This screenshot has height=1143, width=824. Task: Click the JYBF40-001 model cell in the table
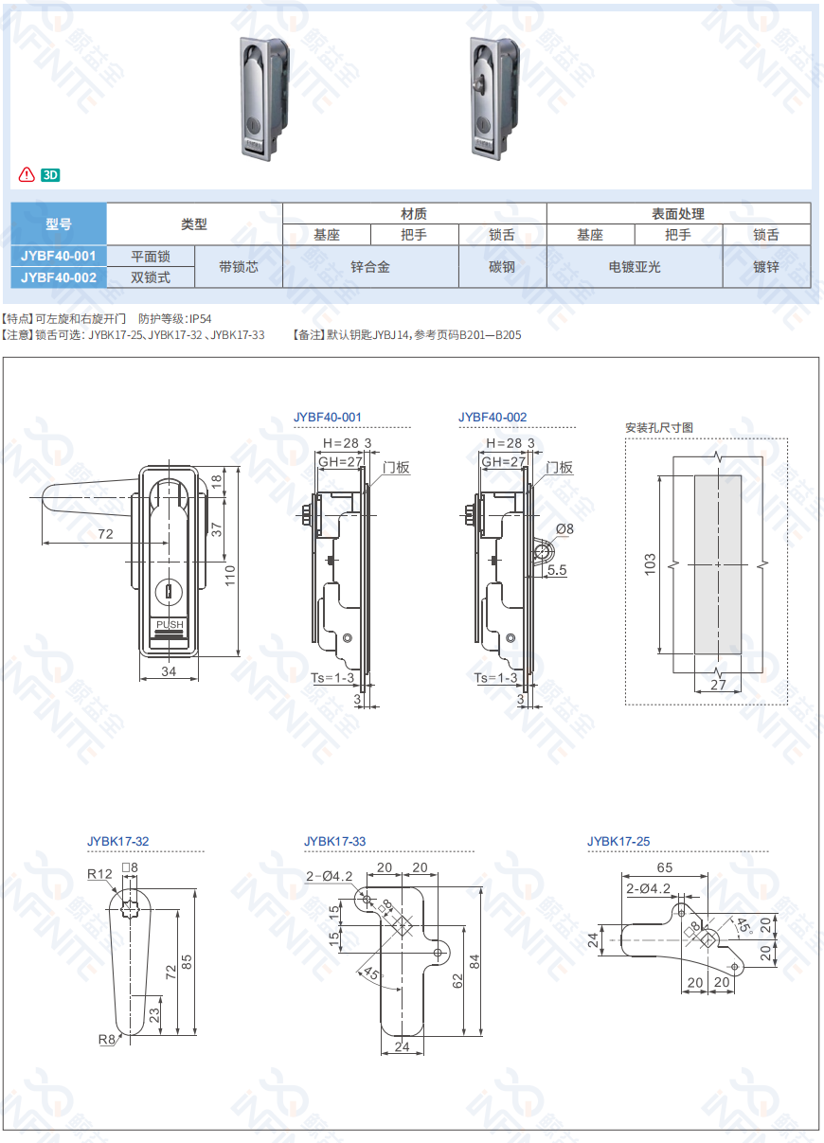tap(59, 256)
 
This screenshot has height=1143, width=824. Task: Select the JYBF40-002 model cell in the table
tap(59, 277)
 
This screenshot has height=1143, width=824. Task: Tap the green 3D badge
tap(51, 175)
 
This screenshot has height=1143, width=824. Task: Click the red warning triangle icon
tap(27, 175)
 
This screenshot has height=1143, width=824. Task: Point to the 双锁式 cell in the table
tap(151, 277)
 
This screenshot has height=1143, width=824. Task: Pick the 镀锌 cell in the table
tap(766, 267)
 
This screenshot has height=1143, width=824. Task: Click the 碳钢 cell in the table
tap(502, 267)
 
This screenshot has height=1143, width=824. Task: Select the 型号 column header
tap(59, 224)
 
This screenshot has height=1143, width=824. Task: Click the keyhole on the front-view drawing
tap(170, 591)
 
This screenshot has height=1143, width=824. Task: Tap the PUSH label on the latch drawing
tap(170, 624)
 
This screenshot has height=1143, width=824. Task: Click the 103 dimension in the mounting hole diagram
tap(650, 565)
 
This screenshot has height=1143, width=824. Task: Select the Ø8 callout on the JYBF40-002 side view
tap(564, 528)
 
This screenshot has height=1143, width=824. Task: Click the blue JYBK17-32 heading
tap(117, 841)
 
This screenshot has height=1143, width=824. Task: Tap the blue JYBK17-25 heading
tap(618, 841)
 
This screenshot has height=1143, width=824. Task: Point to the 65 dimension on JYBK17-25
tap(665, 867)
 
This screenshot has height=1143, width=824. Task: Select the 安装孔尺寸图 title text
tap(659, 428)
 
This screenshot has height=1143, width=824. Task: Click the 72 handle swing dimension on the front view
tap(105, 534)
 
